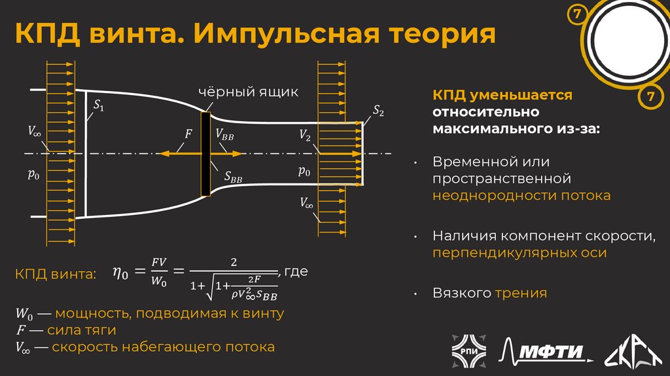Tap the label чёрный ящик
point(248,92)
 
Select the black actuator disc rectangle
point(205,154)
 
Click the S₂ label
point(378,112)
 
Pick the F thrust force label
point(188,134)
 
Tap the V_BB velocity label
point(224,134)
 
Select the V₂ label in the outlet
point(305,135)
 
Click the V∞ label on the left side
point(34,131)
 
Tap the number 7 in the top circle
point(576,14)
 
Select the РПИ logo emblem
point(467,350)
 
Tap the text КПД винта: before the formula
point(55,273)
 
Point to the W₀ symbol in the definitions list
point(24,314)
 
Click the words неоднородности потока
point(521,195)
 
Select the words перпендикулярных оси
point(519,252)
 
